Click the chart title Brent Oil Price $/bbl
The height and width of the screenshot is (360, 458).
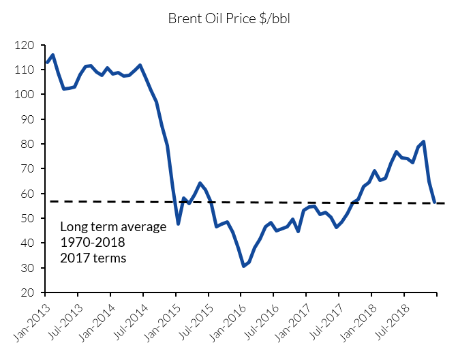tap(228, 18)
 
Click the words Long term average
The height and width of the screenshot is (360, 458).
tap(113, 227)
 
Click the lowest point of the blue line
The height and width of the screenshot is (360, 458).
tap(243, 266)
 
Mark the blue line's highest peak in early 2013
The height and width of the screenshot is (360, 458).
tap(52, 55)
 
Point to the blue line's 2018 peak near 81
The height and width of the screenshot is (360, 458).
tap(423, 142)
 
